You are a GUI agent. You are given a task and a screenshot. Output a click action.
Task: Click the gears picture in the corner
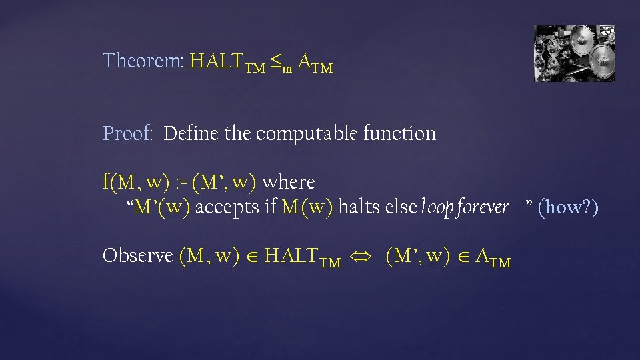[574, 53]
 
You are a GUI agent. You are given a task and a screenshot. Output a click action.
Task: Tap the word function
[399, 133]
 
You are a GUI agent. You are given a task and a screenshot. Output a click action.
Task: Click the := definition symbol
[182, 182]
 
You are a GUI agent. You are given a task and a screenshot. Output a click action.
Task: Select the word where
[289, 182]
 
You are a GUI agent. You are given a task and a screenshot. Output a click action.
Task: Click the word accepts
[227, 207]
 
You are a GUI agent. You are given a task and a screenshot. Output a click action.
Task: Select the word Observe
[138, 256]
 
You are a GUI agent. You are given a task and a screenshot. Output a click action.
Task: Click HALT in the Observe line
[292, 256]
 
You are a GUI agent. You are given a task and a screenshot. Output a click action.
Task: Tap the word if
[270, 207]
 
